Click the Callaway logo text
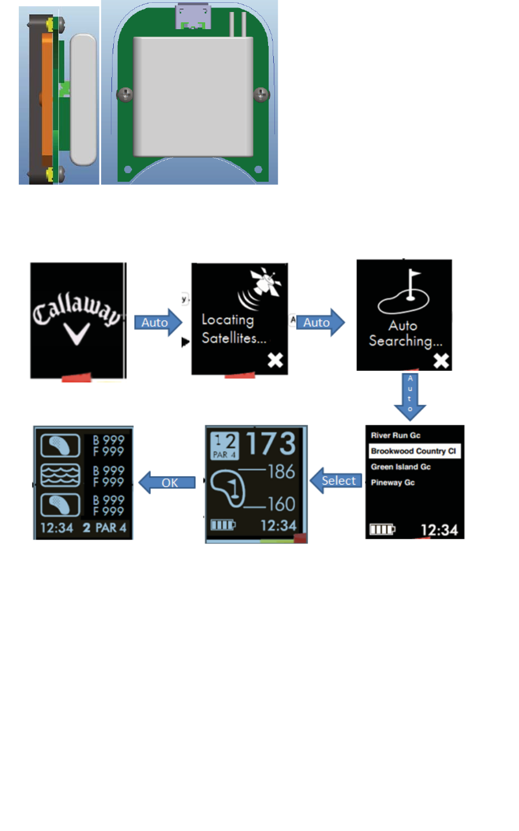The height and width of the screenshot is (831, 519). (77, 310)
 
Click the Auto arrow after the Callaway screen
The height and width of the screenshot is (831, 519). (157, 322)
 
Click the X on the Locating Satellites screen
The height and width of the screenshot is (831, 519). (276, 360)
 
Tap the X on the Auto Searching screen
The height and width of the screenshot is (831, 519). (441, 361)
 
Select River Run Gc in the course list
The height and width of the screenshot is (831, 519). (396, 436)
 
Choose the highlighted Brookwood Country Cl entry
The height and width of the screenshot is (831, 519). (414, 451)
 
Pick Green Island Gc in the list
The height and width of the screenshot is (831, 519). (401, 467)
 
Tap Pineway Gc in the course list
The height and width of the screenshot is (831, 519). (393, 482)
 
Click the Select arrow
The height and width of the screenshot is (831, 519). (336, 481)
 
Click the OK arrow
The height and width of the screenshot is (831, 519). (167, 483)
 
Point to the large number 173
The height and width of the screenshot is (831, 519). (271, 444)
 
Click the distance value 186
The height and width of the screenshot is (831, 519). (281, 472)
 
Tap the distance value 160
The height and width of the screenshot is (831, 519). (281, 504)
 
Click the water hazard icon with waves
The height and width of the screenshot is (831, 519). (60, 475)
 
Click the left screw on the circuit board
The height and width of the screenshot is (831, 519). (125, 94)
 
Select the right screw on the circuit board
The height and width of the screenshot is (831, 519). (261, 94)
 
